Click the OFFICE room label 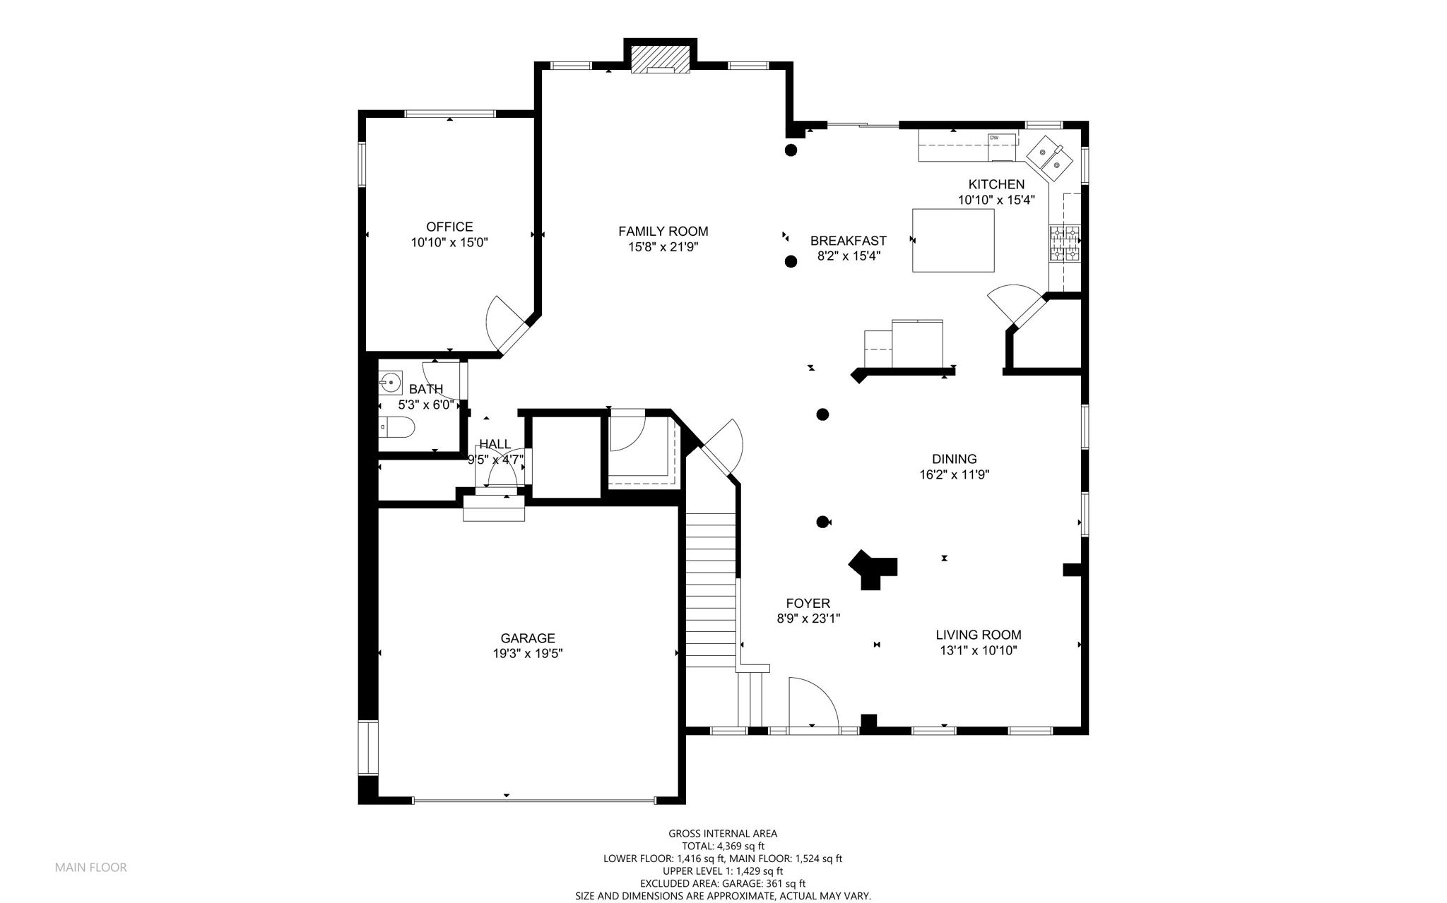coord(449,227)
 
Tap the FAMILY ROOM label coord(663,231)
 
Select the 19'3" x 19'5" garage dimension coord(528,654)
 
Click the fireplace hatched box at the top coord(660,60)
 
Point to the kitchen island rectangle coord(953,240)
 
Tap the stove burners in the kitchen coord(1065,244)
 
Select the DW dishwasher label coord(993,138)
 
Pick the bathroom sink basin coord(390,383)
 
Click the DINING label coord(954,459)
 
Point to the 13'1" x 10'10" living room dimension coord(978,651)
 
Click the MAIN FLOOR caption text coord(91,868)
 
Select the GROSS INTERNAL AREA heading coord(723,834)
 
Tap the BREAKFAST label coord(848,241)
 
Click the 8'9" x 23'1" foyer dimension coord(808,618)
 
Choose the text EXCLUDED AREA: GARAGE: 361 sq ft coord(723,883)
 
